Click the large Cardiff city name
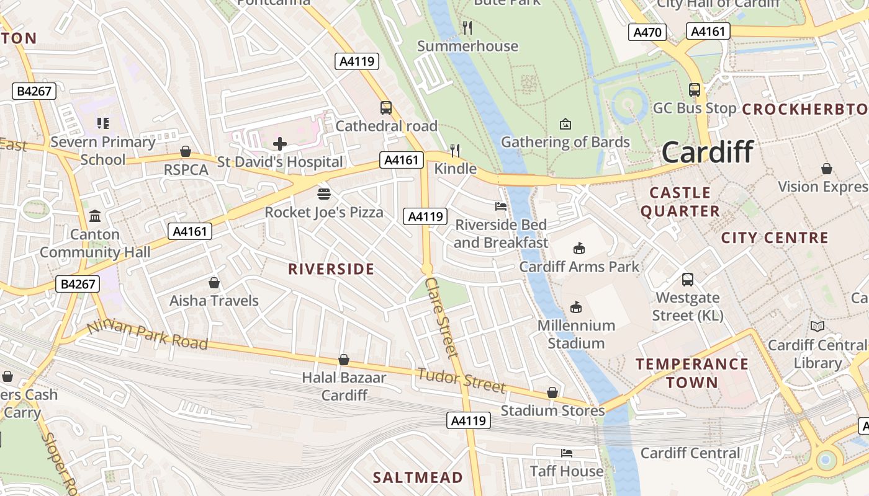coord(708,152)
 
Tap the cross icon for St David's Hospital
coord(280,144)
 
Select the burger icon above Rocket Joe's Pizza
coord(323,194)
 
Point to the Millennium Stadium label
coord(576,334)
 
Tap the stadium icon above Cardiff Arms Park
coord(579,249)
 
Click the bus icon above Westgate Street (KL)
coord(688,280)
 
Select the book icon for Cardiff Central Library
coord(817,326)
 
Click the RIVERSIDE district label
coord(331,269)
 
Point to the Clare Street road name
coord(443,317)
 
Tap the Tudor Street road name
coord(461,380)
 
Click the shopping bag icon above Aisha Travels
coord(214,283)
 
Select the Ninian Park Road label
coord(147,335)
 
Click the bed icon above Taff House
coord(566,453)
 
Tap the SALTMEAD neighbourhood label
coord(418,477)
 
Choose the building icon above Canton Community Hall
coord(95,216)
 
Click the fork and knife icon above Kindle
coord(455,150)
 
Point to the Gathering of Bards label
coord(565,142)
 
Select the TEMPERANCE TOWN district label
coord(691,373)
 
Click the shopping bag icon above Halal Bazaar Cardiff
coord(344,360)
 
